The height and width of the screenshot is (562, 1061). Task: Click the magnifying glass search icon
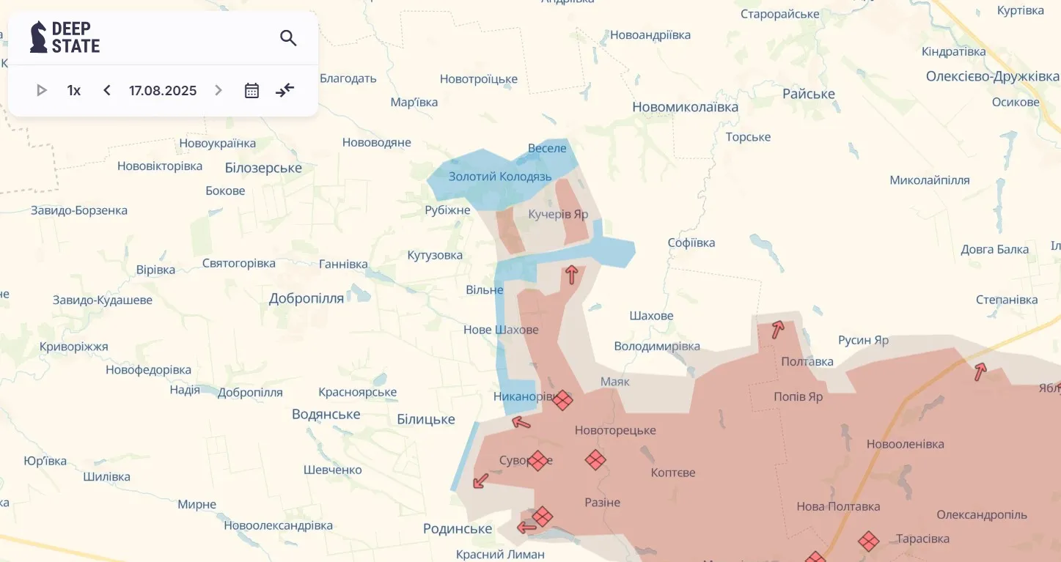[x=288, y=38]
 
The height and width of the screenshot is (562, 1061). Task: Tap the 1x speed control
[x=74, y=90]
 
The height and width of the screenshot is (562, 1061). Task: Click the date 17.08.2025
[x=163, y=90]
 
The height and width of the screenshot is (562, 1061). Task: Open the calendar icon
[x=252, y=90]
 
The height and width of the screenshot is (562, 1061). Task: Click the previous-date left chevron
[x=107, y=90]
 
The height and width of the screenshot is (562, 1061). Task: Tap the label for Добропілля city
[x=306, y=298]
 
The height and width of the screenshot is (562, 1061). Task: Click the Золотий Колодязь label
[x=500, y=177]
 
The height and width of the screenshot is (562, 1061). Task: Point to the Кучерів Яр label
[x=558, y=214]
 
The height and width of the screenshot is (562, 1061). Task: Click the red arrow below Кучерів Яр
[x=571, y=275]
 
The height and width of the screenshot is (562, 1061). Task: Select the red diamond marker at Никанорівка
[x=562, y=400]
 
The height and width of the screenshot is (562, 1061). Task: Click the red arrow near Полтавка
[x=777, y=330]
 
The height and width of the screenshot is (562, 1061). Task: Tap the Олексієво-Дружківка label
[x=992, y=76]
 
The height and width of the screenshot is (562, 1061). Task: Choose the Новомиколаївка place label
[x=685, y=107]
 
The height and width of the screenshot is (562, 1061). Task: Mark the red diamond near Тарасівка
[x=869, y=541]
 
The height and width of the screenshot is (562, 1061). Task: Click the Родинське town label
[x=458, y=528]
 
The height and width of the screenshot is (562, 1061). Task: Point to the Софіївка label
[x=691, y=243]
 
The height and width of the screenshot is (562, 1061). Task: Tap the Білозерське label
[x=263, y=168]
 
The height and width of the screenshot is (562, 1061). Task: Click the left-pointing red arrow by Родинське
[x=526, y=528]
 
